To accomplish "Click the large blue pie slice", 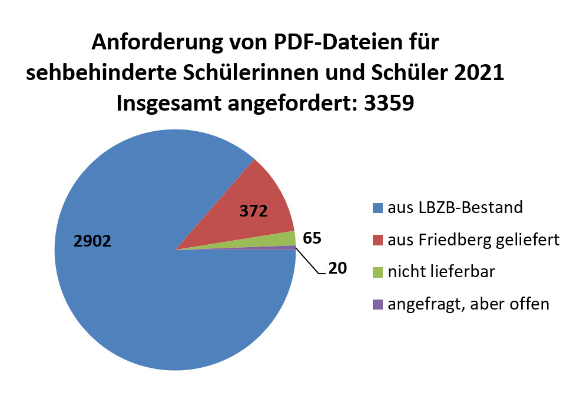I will click(147, 294).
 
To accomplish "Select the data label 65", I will click(312, 238).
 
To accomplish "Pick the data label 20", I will click(337, 268).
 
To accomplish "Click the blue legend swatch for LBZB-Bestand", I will click(377, 208).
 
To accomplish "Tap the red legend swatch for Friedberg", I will click(377, 240).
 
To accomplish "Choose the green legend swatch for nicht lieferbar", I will click(377, 272).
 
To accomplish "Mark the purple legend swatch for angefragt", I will click(377, 305).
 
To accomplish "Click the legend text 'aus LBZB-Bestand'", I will click(455, 207).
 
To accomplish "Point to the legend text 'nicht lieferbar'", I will click(442, 272).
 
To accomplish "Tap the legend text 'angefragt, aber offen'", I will click(468, 304).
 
